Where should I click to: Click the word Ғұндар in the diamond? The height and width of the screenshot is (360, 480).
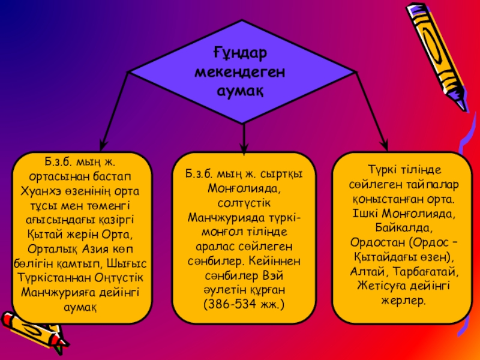pos(239,55)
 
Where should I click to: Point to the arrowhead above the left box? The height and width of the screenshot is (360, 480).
pos(103,143)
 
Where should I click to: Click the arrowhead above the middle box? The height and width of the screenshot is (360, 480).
pos(244,144)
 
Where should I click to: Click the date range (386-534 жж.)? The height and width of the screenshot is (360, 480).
pos(244,305)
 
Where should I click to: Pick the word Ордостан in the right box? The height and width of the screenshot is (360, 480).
pos(377,242)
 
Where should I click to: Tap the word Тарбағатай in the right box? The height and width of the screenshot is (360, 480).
pos(430,271)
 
